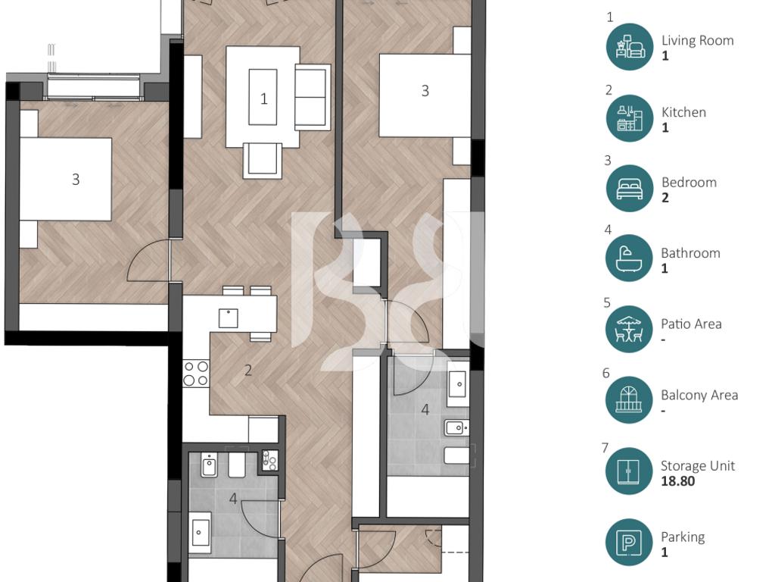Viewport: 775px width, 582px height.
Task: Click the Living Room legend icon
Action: (x=630, y=46)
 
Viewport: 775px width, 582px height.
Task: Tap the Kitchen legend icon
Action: (x=630, y=118)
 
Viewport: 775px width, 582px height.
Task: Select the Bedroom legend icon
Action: (x=630, y=189)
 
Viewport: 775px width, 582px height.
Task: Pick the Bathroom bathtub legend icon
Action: (x=629, y=258)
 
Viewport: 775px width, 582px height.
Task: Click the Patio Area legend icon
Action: (x=629, y=329)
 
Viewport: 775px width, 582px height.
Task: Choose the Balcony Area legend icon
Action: (x=629, y=400)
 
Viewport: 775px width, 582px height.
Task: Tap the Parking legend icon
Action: (x=629, y=543)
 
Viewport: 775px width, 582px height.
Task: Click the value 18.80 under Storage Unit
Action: (x=677, y=481)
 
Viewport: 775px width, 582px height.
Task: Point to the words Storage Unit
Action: (x=698, y=466)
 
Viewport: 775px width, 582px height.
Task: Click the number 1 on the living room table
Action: (x=264, y=99)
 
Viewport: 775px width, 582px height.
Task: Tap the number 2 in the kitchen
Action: (x=248, y=370)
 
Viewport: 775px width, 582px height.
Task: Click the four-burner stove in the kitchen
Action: (x=196, y=373)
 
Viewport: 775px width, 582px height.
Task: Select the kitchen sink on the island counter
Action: (x=229, y=318)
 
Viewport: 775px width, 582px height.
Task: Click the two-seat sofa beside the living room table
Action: (x=313, y=97)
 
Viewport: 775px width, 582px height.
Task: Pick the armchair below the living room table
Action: (x=263, y=160)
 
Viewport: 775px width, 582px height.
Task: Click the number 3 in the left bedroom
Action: (x=76, y=179)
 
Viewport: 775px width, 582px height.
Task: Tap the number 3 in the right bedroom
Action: (x=425, y=91)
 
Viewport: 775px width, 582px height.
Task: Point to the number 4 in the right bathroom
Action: (x=425, y=410)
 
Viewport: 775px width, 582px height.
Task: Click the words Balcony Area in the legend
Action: (x=699, y=395)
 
